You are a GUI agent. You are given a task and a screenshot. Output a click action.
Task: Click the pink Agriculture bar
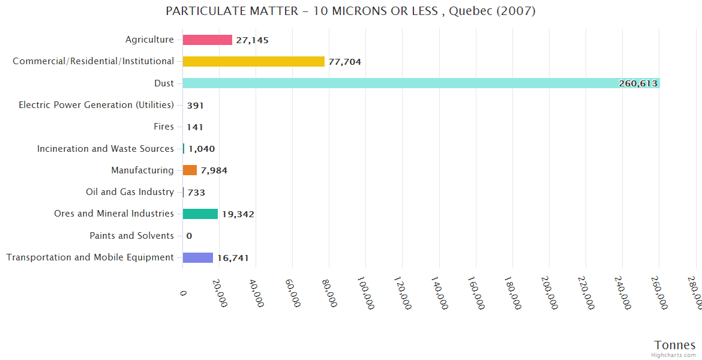[x=207, y=40]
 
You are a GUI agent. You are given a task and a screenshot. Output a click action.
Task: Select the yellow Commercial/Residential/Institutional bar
[x=253, y=61]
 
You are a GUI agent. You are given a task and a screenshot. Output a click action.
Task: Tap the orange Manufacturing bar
[x=190, y=170]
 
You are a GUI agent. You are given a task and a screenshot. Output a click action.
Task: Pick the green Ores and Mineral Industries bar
[x=200, y=214]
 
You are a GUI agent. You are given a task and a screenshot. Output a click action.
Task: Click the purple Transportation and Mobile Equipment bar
[x=198, y=257]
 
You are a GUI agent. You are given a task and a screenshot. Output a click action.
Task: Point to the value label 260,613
[x=638, y=84]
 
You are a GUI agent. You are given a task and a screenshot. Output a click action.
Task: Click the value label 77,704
[x=344, y=62]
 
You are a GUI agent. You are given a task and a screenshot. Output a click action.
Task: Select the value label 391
[x=195, y=106]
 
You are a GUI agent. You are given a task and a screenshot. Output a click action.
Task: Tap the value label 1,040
[x=202, y=149]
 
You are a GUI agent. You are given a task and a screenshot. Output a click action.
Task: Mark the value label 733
[x=196, y=193]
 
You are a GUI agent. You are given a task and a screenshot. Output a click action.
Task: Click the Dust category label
[x=164, y=83]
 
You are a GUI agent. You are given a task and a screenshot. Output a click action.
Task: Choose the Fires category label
[x=164, y=127]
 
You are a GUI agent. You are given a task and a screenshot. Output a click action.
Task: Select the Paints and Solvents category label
[x=131, y=236]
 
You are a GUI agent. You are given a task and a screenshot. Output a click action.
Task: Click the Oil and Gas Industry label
[x=130, y=192]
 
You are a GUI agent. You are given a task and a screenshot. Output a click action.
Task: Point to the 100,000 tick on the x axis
[x=365, y=293]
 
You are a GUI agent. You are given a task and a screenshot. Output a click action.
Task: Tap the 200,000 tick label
[x=549, y=293]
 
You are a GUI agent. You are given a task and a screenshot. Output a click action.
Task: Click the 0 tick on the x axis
[x=184, y=293]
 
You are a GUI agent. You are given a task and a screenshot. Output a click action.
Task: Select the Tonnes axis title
[x=674, y=345]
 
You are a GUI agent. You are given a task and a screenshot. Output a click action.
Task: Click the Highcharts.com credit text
[x=673, y=355]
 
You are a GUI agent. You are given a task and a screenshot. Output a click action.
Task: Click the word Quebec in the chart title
[x=468, y=11]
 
